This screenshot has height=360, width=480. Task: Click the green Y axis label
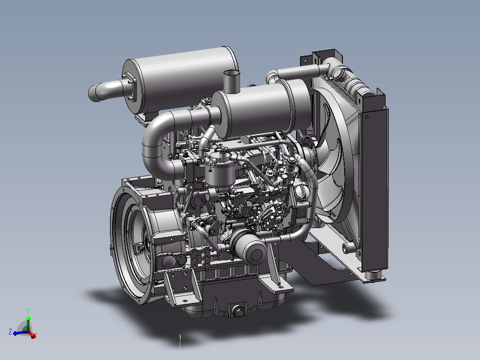[28, 311]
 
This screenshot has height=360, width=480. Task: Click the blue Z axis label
[10, 332]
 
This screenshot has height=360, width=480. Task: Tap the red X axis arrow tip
[34, 336]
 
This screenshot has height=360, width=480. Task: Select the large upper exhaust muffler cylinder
[181, 80]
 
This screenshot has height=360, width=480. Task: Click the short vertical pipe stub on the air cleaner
[232, 82]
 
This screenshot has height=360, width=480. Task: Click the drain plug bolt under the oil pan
[238, 311]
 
